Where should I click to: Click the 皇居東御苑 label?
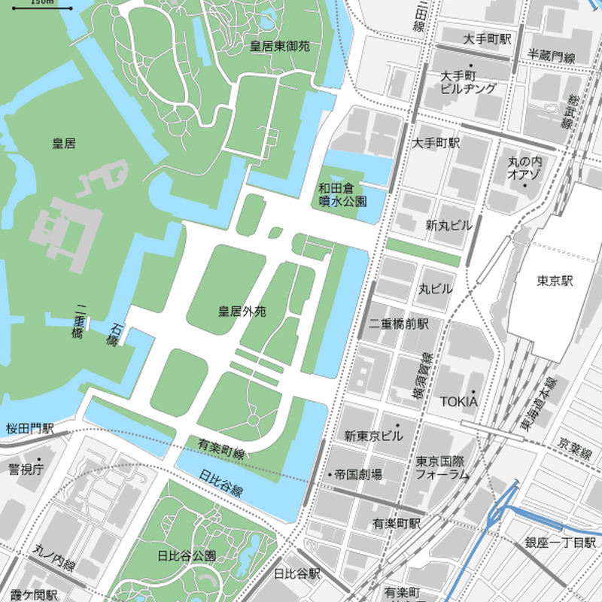coord(280,47)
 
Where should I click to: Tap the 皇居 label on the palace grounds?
coord(64,143)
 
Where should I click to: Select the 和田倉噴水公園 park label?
coord(342,195)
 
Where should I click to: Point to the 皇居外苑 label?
coord(242,311)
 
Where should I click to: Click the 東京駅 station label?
coord(555,281)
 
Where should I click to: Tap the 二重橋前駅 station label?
coord(398,324)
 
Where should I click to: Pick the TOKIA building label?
coord(458,401)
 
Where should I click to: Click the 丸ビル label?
coord(436,288)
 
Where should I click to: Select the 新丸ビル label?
coord(449,225)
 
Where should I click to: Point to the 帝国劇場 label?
coord(358,475)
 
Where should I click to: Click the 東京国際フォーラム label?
coord(442,468)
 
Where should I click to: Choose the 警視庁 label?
coord(26,470)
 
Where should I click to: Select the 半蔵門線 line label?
coord(551,56)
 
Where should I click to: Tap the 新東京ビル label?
coord(373,436)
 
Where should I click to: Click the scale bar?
coord(44,6)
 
